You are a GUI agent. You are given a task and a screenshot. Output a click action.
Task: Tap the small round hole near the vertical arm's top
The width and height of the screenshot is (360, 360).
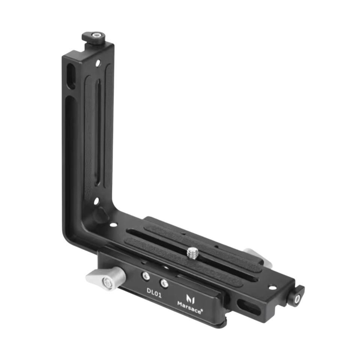(x=98, y=63)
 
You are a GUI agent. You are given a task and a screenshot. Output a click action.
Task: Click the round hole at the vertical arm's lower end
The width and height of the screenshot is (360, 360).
(x=96, y=201)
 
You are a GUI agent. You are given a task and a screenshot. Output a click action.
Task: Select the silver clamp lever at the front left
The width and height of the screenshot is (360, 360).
(x=106, y=279)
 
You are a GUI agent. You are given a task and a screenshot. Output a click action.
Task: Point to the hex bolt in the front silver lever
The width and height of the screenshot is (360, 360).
(x=108, y=283)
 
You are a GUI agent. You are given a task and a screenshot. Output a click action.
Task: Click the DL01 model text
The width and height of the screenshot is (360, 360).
(x=154, y=293)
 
